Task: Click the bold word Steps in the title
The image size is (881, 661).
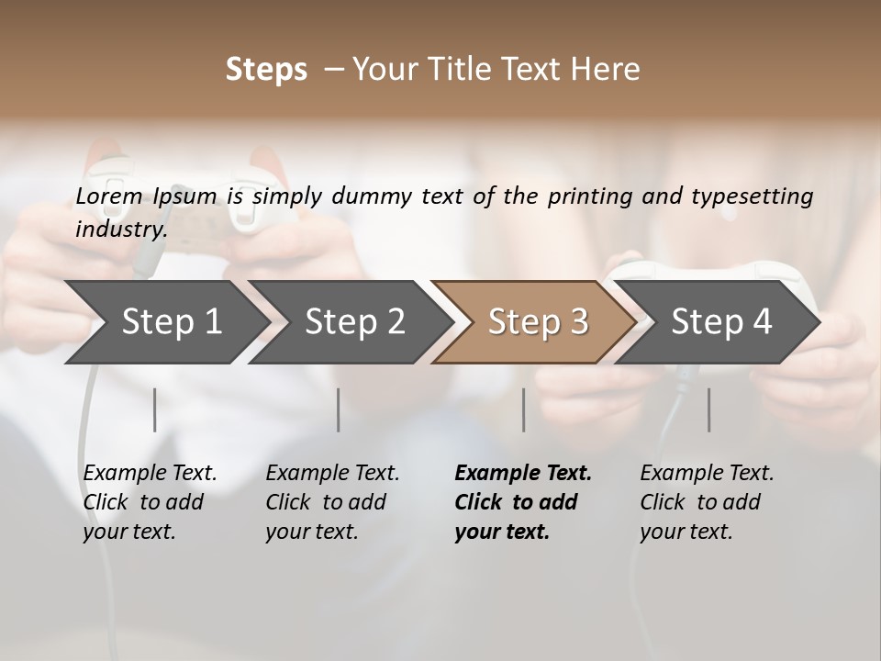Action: [266, 70]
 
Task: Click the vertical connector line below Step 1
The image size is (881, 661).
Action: [155, 409]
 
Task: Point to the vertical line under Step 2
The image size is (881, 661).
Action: [339, 409]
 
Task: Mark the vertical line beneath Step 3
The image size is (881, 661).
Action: [524, 409]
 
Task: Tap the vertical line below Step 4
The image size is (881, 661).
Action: [709, 409]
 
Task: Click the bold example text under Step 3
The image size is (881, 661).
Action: [522, 502]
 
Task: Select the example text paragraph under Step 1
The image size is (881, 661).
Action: [150, 502]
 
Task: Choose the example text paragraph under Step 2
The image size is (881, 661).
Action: [332, 502]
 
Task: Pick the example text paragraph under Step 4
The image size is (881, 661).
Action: [707, 502]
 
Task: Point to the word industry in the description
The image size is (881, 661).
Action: [120, 229]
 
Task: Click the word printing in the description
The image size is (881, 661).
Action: [588, 196]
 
